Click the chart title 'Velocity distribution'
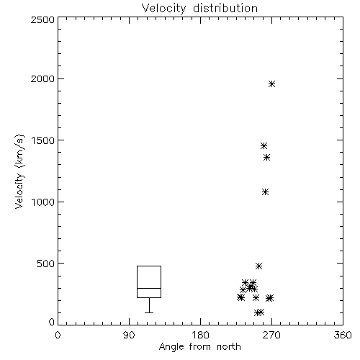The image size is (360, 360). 199,9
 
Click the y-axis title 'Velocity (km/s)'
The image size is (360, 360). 19,171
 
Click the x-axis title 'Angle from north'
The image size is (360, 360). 200,347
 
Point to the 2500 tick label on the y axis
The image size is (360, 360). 42,19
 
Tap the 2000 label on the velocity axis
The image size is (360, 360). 42,78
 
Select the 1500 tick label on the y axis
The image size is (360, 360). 43,140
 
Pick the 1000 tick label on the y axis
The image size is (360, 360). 43,202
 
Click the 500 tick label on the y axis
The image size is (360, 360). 46,264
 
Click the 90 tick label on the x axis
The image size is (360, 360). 129,335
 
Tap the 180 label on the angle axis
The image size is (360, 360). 200,335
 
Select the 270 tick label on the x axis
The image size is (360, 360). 271,335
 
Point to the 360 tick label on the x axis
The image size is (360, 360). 343,335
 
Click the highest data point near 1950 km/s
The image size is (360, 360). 271,84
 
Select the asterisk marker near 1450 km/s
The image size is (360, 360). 264,145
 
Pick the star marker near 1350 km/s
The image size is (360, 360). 266,158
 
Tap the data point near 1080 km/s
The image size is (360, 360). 265,192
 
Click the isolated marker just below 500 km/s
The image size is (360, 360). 258,266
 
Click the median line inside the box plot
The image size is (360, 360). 149,288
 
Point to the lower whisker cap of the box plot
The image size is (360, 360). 149,312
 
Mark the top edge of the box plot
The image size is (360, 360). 149,266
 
